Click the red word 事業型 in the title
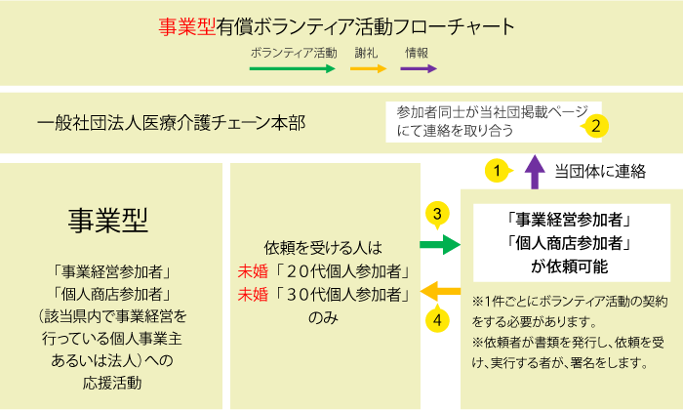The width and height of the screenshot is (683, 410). pyautogui.click(x=187, y=26)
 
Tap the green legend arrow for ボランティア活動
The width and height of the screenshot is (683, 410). pyautogui.click(x=293, y=69)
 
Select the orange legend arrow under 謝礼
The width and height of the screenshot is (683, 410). pyautogui.click(x=369, y=69)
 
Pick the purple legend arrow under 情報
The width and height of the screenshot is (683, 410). pyautogui.click(x=419, y=69)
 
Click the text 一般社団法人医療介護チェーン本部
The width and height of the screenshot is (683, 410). pyautogui.click(x=171, y=123)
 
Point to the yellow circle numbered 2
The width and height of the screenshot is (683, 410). pyautogui.click(x=595, y=126)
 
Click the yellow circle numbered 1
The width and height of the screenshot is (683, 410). pyautogui.click(x=498, y=171)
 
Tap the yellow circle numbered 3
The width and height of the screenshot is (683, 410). pyautogui.click(x=437, y=215)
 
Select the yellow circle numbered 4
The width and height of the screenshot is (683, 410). pyautogui.click(x=437, y=319)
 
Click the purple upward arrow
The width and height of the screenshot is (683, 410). pyautogui.click(x=535, y=172)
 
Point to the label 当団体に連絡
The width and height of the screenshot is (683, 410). pyautogui.click(x=600, y=172)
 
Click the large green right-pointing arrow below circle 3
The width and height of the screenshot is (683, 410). pyautogui.click(x=440, y=244)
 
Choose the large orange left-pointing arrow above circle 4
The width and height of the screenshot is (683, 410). pyautogui.click(x=440, y=291)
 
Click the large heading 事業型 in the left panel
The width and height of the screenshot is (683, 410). pyautogui.click(x=108, y=221)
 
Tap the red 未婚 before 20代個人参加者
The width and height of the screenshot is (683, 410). pyautogui.click(x=253, y=272)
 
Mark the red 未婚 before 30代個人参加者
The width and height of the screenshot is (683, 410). pyautogui.click(x=253, y=295)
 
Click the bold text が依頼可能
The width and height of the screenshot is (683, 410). pyautogui.click(x=569, y=266)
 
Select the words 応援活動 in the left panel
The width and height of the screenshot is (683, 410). pyautogui.click(x=112, y=383)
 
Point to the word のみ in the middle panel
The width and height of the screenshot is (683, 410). pyautogui.click(x=323, y=318)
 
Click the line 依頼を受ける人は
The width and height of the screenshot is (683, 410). pyautogui.click(x=323, y=248)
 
